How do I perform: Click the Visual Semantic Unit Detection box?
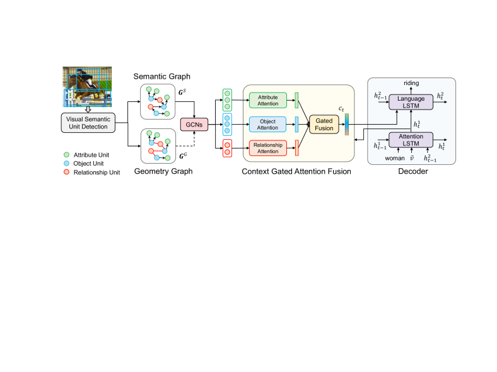pyautogui.click(x=88, y=123)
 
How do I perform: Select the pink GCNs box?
pyautogui.click(x=194, y=125)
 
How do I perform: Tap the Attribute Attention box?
pyautogui.click(x=268, y=100)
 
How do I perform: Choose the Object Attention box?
pyautogui.click(x=267, y=125)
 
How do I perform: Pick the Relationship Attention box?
pyautogui.click(x=268, y=148)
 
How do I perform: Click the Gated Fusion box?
pyautogui.click(x=324, y=125)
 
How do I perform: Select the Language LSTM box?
pyautogui.click(x=411, y=102)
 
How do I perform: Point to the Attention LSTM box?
pyautogui.click(x=411, y=140)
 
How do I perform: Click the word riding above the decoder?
pyautogui.click(x=411, y=83)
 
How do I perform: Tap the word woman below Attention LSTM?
pyautogui.click(x=395, y=158)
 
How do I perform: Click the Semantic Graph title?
pyautogui.click(x=161, y=77)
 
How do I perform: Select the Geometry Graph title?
pyautogui.click(x=163, y=171)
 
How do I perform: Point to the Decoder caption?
pyautogui.click(x=413, y=171)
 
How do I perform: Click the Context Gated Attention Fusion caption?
pyautogui.click(x=296, y=171)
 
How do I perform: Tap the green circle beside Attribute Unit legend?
pyautogui.click(x=67, y=155)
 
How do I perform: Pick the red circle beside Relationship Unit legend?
pyautogui.click(x=67, y=172)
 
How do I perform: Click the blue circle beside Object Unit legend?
pyautogui.click(x=67, y=163)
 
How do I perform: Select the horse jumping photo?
pyautogui.click(x=87, y=87)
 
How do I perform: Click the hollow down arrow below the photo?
pyautogui.click(x=88, y=110)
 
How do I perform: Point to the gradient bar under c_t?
pyautogui.click(x=347, y=125)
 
